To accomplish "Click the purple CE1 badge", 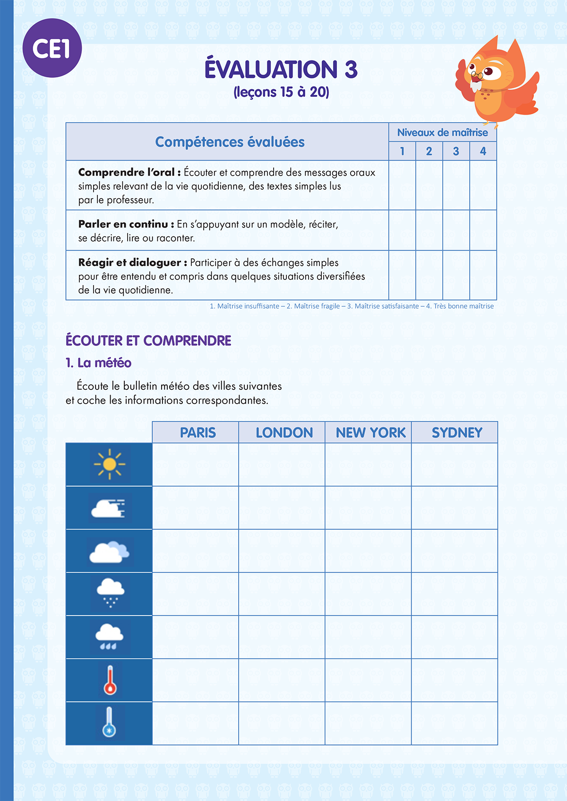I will pos(52,48).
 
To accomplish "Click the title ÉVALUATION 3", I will pos(281,69).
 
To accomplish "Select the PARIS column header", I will pos(198,432).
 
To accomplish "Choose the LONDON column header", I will pos(284,432).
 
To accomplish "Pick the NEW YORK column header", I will pos(370,432).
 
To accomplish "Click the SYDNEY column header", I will pos(457,432).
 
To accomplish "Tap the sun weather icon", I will pos(109,464).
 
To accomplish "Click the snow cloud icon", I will pos(110,592).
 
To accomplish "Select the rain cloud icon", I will pos(109,636).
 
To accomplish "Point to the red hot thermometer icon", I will pos(110,680).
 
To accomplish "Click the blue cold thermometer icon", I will pos(109,723).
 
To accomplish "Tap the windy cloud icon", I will pos(109,508).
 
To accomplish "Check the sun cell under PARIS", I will pos(195,464).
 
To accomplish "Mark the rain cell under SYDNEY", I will pos(454,637).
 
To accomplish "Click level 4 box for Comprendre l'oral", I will pos(483,185).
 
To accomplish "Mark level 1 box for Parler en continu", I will pos(402,230).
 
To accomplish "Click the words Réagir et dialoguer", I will pos(129,262).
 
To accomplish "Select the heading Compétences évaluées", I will pos(230,142).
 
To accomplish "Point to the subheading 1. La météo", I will pos(98,363).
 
